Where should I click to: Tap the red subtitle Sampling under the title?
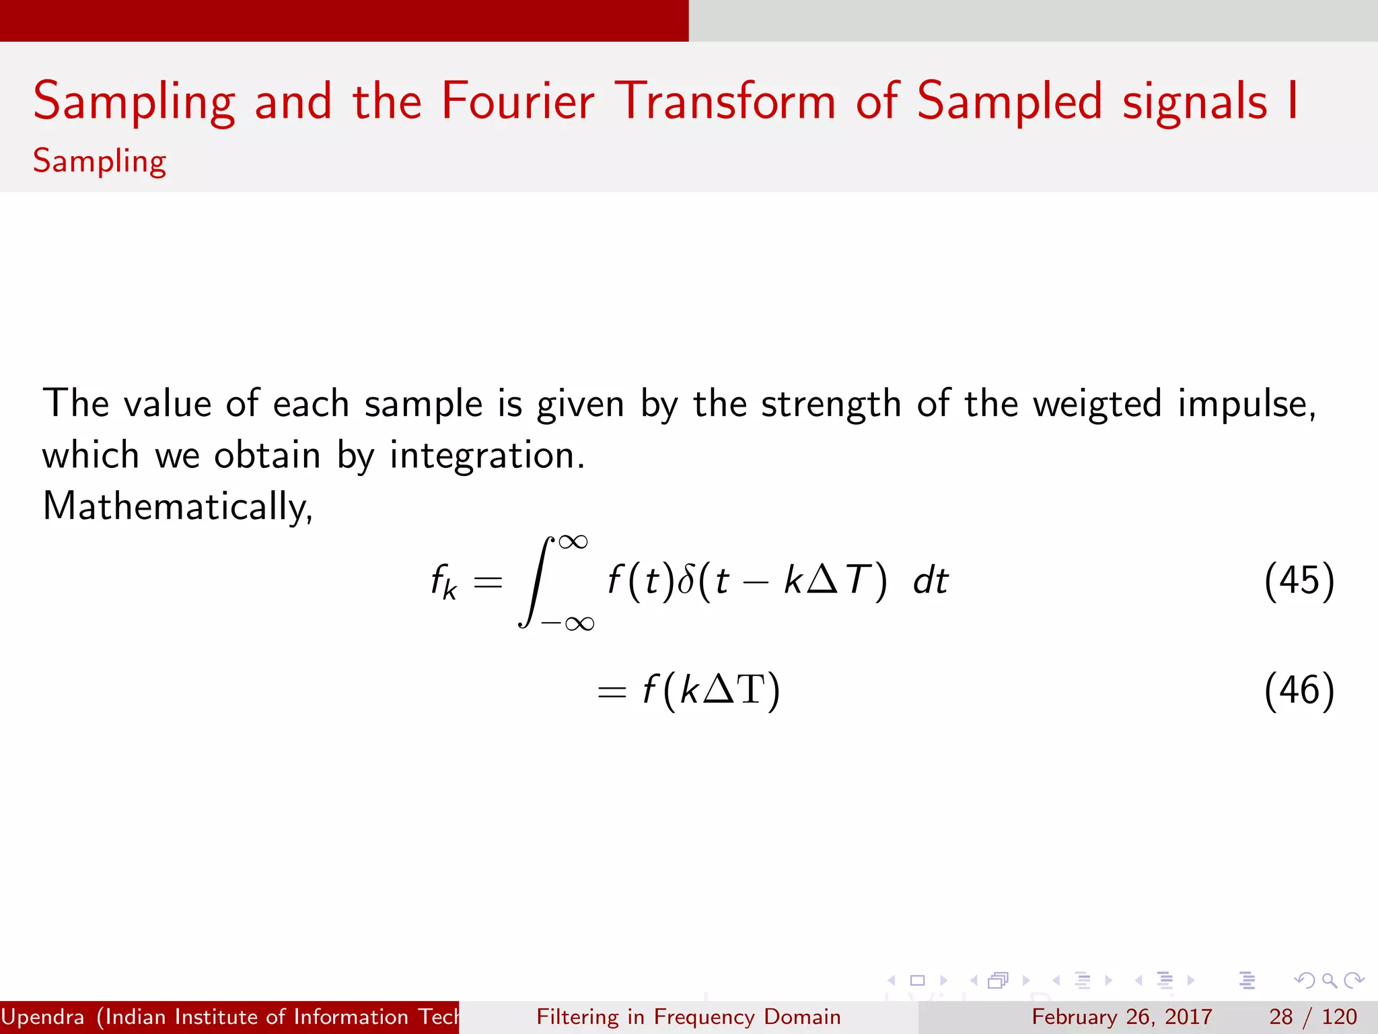[100, 162]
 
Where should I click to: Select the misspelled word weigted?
[1097, 404]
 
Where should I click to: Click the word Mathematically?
[176, 506]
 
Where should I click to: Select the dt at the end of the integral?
[931, 580]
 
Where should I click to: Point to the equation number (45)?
[1299, 580]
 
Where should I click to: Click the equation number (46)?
[1299, 691]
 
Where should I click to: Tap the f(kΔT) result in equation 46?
[711, 691]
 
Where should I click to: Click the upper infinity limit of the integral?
[573, 542]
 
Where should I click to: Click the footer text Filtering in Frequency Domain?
[688, 1016]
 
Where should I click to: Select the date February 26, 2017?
[1122, 1016]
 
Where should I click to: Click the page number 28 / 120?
[1313, 1016]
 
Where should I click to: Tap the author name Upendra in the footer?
[42, 1016]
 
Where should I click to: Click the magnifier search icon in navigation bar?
[1329, 981]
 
